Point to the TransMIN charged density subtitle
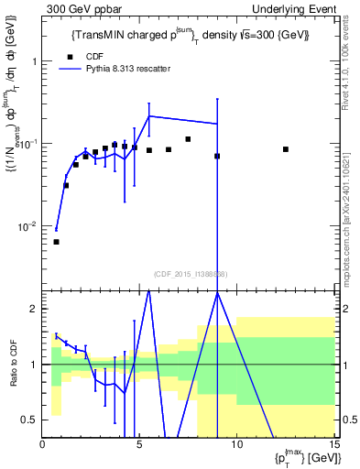(190, 35)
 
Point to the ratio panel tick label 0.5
(31, 420)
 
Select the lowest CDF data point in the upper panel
(57, 242)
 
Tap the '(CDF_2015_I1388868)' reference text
(189, 274)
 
